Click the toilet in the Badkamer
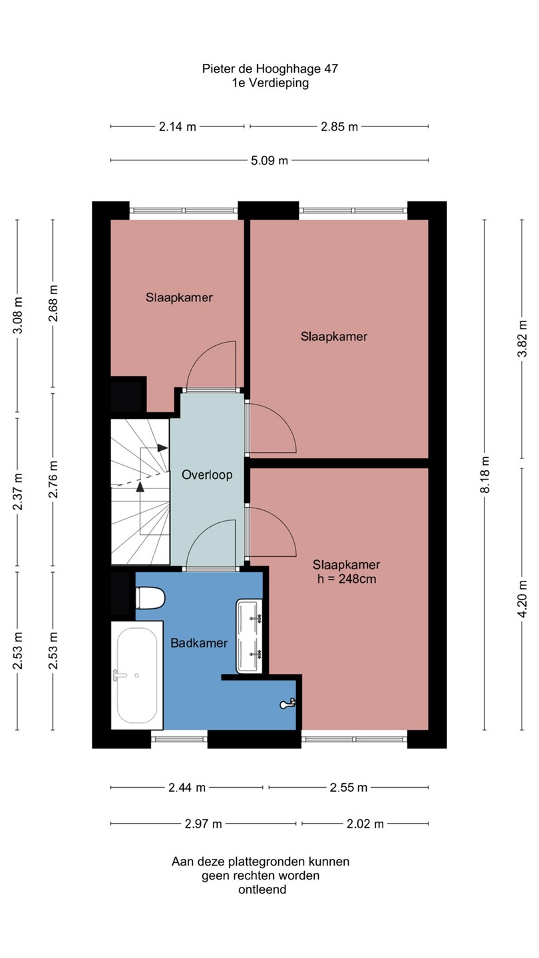click(x=150, y=597)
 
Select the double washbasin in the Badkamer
click(x=249, y=636)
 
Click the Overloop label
click(x=207, y=475)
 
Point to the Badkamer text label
click(x=199, y=643)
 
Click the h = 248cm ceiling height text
click(x=347, y=579)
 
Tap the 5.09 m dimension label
click(x=269, y=161)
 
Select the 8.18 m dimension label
click(x=484, y=474)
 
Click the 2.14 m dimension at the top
click(x=178, y=126)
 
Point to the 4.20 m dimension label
click(x=522, y=599)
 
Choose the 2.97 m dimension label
click(x=203, y=824)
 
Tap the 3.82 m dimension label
click(x=522, y=338)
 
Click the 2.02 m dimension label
click(x=365, y=824)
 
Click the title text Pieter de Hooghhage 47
click(x=270, y=69)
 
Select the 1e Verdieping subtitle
click(x=270, y=83)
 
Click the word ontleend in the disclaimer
click(x=262, y=889)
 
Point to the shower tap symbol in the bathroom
click(x=287, y=704)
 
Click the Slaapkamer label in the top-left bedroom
click(x=179, y=297)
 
